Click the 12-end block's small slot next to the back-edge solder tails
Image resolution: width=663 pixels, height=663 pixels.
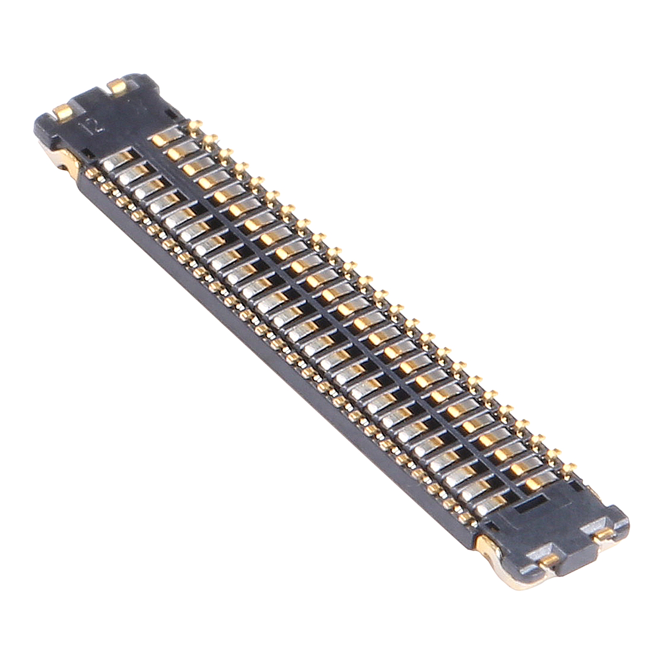point(170,114)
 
